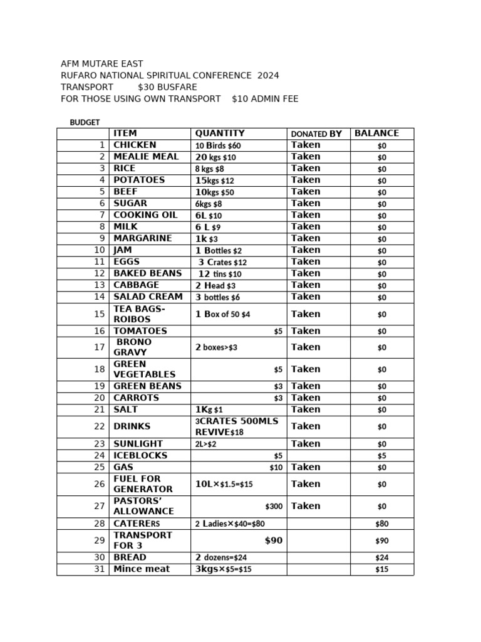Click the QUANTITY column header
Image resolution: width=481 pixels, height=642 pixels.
[x=220, y=134]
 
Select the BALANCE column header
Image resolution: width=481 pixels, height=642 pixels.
[x=376, y=134]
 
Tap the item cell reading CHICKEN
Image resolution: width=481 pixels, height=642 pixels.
[x=135, y=145]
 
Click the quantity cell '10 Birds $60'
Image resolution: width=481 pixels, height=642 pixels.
[x=218, y=145]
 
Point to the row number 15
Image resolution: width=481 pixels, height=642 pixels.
[x=100, y=314]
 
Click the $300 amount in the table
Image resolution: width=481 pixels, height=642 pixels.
[x=274, y=506]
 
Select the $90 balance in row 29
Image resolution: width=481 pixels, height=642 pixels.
[x=381, y=540]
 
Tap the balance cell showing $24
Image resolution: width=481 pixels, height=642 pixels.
[x=381, y=557]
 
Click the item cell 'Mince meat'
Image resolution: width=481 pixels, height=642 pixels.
[x=142, y=569]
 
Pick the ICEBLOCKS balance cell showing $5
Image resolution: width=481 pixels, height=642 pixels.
[x=381, y=456]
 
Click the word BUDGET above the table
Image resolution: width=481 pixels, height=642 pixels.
[x=85, y=123]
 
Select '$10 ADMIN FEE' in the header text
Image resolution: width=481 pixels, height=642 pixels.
[x=265, y=98]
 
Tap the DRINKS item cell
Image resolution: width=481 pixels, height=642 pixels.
[x=132, y=426]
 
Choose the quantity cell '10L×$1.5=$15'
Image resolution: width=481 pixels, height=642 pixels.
[x=224, y=484]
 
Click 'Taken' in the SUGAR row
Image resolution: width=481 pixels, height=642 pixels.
[x=306, y=203]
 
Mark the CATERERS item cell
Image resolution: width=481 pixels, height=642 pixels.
[x=137, y=524]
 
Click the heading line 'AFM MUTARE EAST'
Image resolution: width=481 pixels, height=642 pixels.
[x=101, y=64]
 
